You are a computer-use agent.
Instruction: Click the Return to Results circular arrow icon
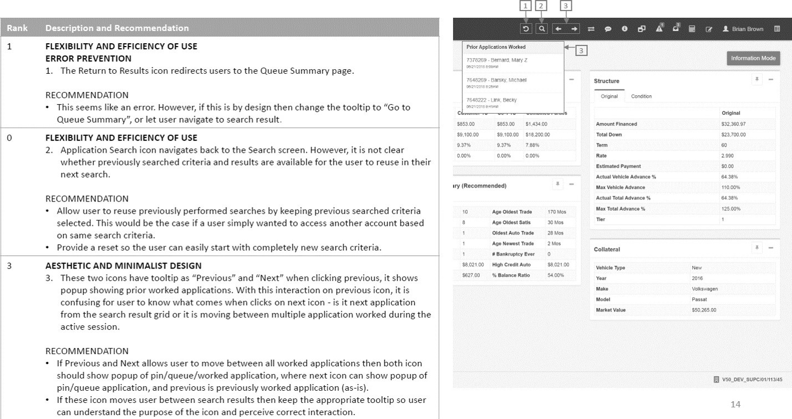pyautogui.click(x=525, y=29)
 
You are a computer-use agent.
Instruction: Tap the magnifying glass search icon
pyautogui.click(x=542, y=29)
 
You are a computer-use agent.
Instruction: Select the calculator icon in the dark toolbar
pyautogui.click(x=692, y=29)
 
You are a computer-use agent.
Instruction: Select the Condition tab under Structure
pyautogui.click(x=641, y=96)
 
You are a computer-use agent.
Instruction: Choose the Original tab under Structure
pyautogui.click(x=609, y=96)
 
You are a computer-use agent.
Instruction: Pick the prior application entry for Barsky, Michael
pyautogui.click(x=496, y=80)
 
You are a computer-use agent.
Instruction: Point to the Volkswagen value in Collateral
pyautogui.click(x=705, y=289)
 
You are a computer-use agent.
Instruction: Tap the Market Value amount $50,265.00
pyautogui.click(x=704, y=310)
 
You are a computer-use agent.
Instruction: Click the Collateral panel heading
pyautogui.click(x=607, y=249)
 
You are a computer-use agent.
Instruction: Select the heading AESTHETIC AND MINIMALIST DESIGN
pyautogui.click(x=123, y=266)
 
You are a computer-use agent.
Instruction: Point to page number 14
pyautogui.click(x=735, y=404)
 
